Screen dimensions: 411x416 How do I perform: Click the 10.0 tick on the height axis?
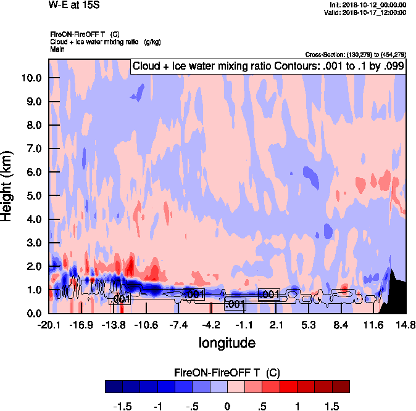pos(31,78)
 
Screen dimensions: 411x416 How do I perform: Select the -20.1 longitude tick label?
pos(49,325)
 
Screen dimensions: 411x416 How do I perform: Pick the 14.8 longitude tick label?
pos(406,325)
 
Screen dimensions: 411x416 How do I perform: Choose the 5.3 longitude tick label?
pos(309,325)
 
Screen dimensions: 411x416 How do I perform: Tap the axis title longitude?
pos(227,342)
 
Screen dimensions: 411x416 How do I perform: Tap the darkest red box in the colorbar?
pos(341,386)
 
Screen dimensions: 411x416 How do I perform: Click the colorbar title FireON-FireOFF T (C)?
pos(227,372)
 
